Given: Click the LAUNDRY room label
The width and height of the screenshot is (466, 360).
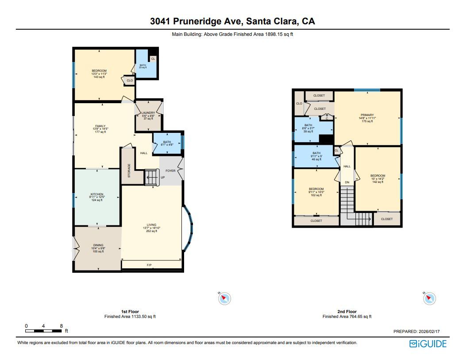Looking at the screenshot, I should click(148, 113).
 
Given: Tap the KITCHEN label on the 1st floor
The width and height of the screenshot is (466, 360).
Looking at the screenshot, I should click(97, 194).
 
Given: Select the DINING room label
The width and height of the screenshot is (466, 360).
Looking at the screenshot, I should click(98, 245).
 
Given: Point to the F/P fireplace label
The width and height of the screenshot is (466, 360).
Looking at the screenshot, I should click(149, 265).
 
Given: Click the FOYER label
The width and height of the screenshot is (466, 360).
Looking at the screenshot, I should click(170, 170).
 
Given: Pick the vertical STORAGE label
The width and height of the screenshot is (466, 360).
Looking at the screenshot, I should click(129, 171).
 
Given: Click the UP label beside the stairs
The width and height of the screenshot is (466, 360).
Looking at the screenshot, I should click(162, 178).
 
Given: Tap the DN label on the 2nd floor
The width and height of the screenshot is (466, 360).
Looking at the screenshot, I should click(347, 182).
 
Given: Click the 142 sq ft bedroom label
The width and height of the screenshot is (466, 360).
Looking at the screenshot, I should click(377, 176).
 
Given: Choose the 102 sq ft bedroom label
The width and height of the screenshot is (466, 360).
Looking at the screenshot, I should click(316, 189).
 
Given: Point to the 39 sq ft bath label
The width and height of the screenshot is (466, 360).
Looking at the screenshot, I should click(308, 125).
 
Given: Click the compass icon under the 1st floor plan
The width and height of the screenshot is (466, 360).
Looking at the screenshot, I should click(225, 298).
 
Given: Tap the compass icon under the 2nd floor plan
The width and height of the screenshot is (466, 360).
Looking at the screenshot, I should click(429, 298).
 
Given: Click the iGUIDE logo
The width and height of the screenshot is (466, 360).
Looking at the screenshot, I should click(427, 344).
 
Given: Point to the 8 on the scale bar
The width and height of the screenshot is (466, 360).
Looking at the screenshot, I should click(61, 326).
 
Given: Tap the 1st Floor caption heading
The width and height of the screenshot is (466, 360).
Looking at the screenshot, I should click(130, 312).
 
